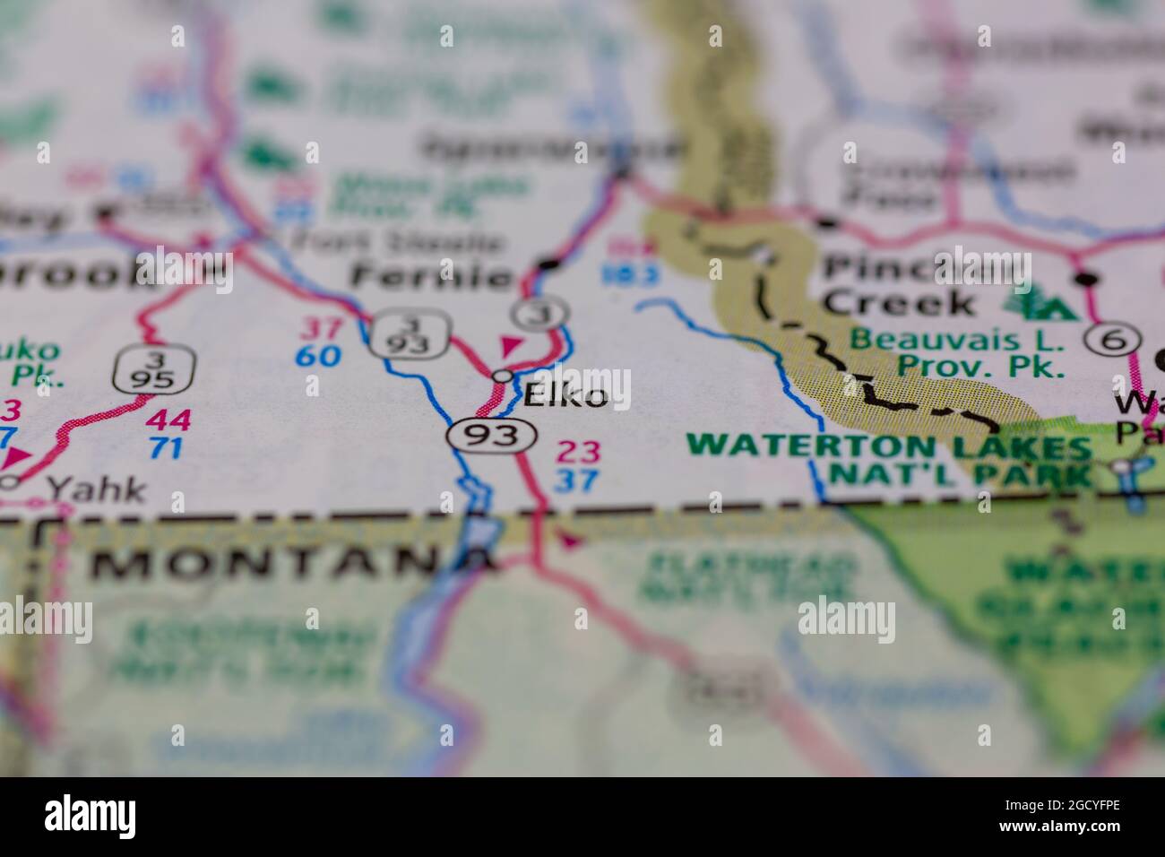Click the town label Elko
click(x=565, y=395)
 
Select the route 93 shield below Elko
click(x=493, y=436)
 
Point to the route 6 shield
click(x=1113, y=339)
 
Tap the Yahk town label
click(x=96, y=489)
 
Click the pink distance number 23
click(x=577, y=451)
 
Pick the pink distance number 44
click(x=168, y=419)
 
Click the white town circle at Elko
click(x=504, y=376)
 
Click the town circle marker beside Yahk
click(x=10, y=482)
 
